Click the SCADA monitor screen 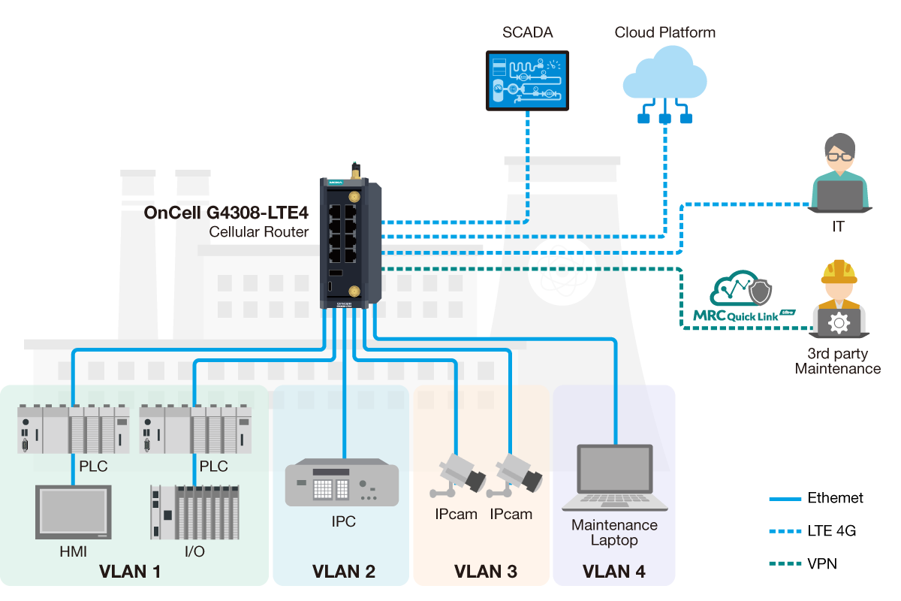point(527,80)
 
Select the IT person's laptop point(839,196)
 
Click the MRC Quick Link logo point(743,300)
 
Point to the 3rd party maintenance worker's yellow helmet point(839,272)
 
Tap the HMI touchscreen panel point(73,512)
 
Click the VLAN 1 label point(130,572)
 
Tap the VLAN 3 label point(485,572)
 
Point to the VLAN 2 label point(343,572)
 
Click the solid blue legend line point(785,500)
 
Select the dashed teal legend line point(785,563)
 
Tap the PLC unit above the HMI point(73,430)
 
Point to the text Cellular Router point(259,231)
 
